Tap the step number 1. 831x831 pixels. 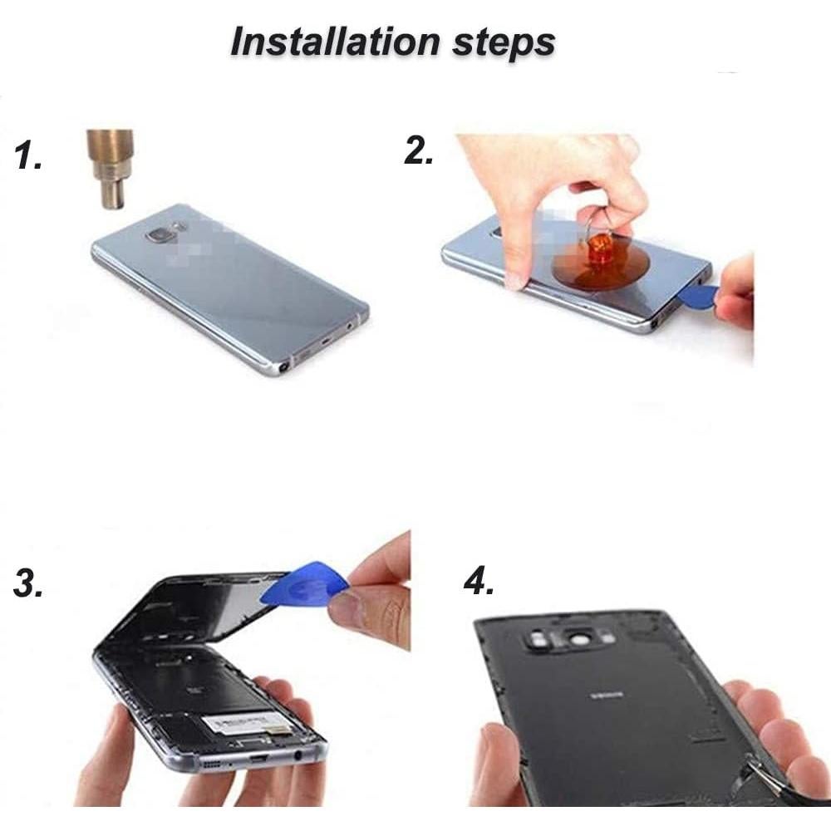(29, 155)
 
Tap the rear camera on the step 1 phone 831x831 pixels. (159, 236)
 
